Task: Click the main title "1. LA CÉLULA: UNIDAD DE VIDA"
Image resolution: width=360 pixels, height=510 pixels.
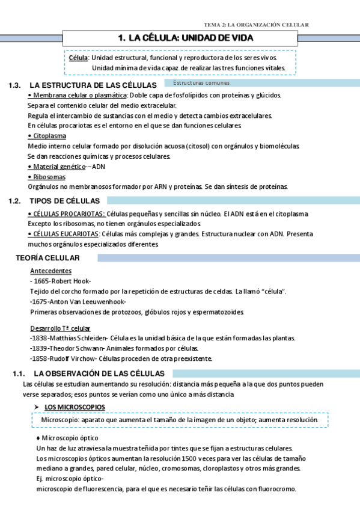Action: click(186, 38)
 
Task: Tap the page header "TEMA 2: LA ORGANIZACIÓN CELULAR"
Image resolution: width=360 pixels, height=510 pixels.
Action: click(257, 25)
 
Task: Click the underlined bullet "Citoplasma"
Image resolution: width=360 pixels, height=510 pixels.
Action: click(50, 136)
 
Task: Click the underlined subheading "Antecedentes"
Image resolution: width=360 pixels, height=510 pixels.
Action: click(50, 271)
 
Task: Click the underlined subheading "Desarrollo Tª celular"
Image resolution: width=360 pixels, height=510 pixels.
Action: click(60, 328)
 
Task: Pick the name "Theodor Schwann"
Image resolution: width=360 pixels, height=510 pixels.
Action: click(75, 348)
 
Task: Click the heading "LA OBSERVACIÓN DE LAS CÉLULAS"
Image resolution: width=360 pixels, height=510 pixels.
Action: click(103, 373)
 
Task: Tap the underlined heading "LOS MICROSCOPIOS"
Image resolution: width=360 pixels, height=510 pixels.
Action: click(75, 407)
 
